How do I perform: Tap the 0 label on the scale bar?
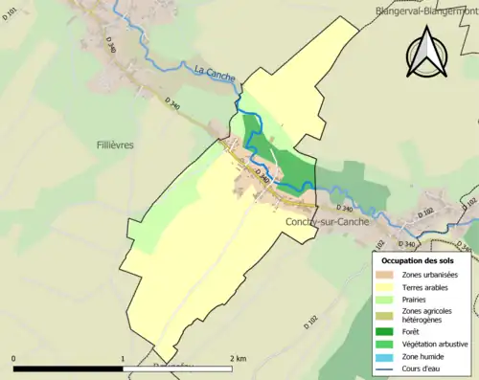pos(13,358)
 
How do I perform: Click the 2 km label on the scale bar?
pos(239,358)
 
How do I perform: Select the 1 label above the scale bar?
pos(123,358)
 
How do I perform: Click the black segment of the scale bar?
pos(68,368)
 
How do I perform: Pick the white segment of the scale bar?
pos(177,368)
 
